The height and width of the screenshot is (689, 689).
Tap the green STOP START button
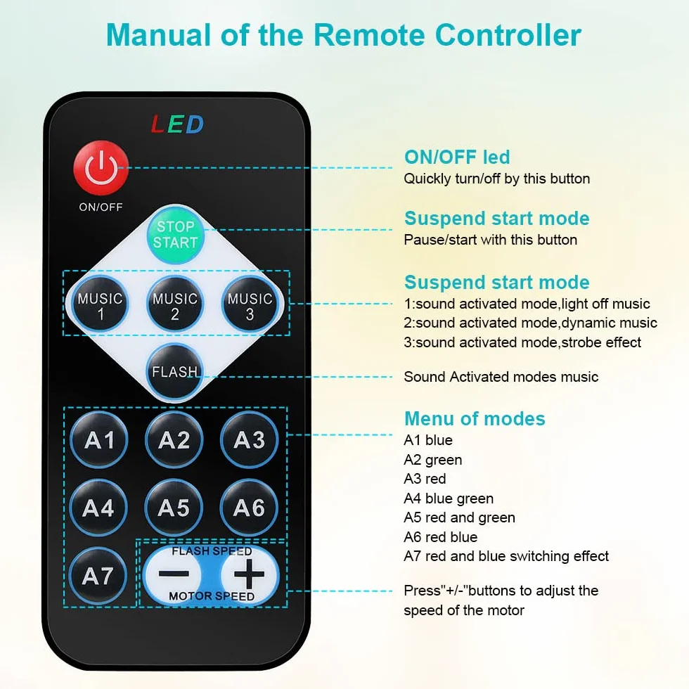point(175,234)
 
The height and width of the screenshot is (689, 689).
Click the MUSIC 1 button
point(100,303)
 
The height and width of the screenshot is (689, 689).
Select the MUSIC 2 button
point(175,303)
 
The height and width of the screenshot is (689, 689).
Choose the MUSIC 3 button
point(250,303)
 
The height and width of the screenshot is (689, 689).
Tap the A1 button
point(99,440)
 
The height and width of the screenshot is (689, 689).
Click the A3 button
point(249,440)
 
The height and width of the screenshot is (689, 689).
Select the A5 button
point(174,508)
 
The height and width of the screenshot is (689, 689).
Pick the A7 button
point(98,576)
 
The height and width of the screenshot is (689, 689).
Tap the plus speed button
point(249,574)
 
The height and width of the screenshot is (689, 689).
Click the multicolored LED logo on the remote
point(177,124)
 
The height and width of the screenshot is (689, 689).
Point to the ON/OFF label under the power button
point(101,207)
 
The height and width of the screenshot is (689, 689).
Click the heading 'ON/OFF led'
point(457,157)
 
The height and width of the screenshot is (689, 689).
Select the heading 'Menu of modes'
point(475,418)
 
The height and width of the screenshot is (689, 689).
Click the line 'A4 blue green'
point(449,498)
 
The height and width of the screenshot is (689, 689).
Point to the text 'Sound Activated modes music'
point(501,377)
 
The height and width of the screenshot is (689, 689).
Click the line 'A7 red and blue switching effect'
point(506,556)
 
